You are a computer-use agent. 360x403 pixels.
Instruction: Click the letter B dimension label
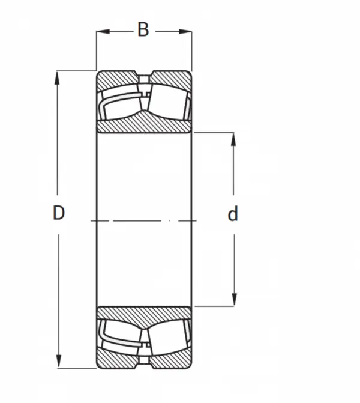click(x=143, y=29)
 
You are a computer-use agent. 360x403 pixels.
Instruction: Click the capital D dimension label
click(x=59, y=213)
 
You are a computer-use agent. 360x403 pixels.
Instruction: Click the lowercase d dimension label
click(x=233, y=214)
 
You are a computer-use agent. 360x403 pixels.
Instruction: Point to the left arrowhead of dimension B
click(x=103, y=32)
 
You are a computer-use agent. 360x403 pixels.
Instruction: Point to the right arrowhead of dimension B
click(x=185, y=32)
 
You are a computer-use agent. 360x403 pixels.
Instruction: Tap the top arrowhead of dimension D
click(x=57, y=77)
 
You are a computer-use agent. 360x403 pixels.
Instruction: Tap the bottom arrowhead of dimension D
click(x=59, y=362)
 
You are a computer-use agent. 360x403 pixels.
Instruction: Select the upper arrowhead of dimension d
click(x=233, y=139)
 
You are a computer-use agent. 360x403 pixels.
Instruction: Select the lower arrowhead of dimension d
click(x=234, y=299)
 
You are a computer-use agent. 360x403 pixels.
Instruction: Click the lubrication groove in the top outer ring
click(x=144, y=79)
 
